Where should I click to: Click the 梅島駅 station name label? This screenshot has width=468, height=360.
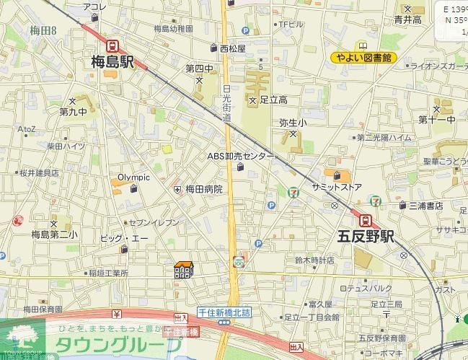tap(112, 62)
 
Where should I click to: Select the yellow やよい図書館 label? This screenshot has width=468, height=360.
tap(364, 58)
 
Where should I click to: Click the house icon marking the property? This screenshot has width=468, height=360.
tap(184, 269)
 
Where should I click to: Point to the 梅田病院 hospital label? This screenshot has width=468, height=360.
tap(204, 189)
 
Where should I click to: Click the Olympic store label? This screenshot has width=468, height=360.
tap(134, 177)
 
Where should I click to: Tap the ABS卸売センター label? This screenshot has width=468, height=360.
tap(241, 156)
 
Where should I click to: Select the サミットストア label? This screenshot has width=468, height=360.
tap(337, 187)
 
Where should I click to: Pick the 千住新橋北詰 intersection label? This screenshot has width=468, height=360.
tap(224, 312)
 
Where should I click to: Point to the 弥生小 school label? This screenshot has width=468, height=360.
tap(293, 123)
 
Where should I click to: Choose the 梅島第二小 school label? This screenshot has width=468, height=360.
tap(54, 234)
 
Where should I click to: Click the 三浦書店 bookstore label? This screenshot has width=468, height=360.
tap(425, 206)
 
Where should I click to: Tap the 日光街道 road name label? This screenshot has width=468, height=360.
tap(226, 102)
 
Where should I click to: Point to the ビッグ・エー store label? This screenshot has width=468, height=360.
tap(124, 238)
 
